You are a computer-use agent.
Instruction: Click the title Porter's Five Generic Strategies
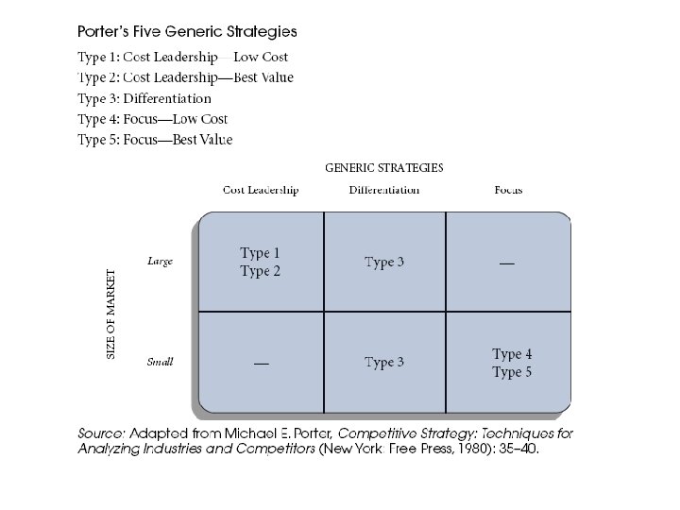[x=187, y=32]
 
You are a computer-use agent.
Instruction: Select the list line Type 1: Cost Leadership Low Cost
[x=182, y=57]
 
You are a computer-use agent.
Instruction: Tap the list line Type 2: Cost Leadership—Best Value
[x=185, y=77]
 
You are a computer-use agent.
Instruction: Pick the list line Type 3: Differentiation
[x=144, y=98]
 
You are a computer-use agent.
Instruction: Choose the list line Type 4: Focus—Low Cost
[x=152, y=119]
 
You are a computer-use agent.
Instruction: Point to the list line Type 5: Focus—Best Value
[x=155, y=140]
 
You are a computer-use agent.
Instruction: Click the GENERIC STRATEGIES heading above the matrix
[x=383, y=168]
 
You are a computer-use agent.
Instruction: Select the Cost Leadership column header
[x=261, y=190]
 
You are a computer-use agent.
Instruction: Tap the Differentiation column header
[x=383, y=190]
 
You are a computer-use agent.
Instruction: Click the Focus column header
[x=508, y=190]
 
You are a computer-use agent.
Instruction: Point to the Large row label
[x=161, y=262]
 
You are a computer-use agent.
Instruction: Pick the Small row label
[x=160, y=362]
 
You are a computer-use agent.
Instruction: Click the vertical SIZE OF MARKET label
[x=111, y=314]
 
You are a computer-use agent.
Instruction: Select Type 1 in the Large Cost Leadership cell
[x=260, y=253]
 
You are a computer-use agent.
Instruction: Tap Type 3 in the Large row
[x=384, y=263]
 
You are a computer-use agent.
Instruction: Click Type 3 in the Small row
[x=384, y=363]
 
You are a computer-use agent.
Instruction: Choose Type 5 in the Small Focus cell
[x=512, y=373]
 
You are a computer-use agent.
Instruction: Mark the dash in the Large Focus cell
[x=507, y=263]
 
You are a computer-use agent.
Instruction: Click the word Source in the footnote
[x=99, y=433]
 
